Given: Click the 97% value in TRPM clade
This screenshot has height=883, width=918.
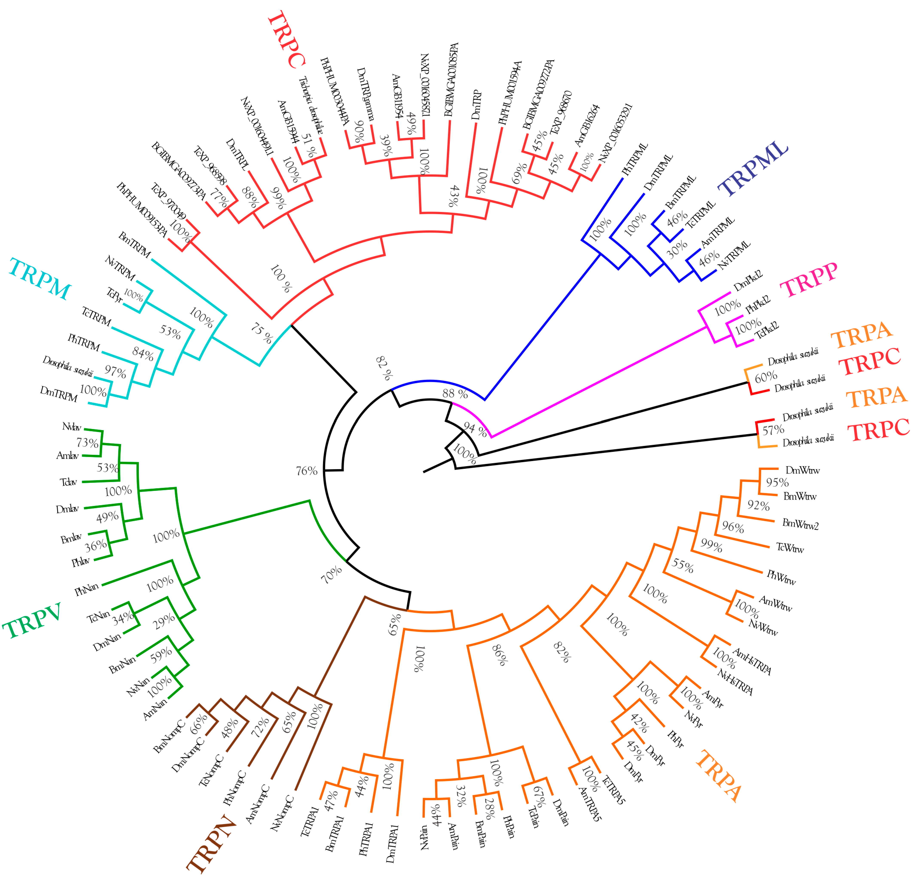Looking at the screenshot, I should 115,372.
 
